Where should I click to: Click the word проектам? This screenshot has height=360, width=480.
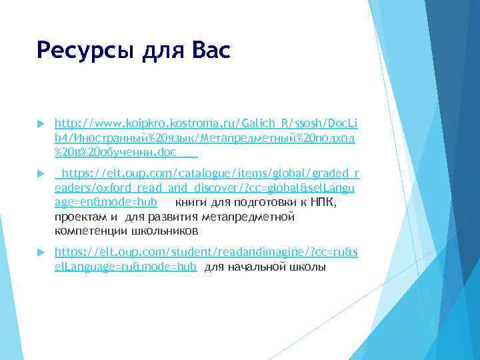[x=81, y=217]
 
